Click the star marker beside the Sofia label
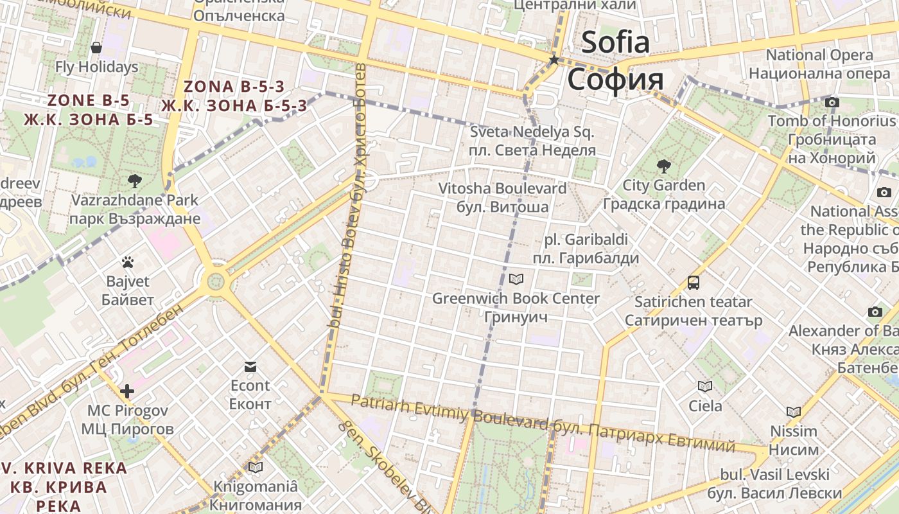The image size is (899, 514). [x=554, y=60]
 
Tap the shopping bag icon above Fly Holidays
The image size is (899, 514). [x=96, y=48]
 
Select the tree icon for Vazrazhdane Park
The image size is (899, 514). [x=135, y=181]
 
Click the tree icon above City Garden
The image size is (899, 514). [x=663, y=166]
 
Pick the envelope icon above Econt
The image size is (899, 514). [x=250, y=367]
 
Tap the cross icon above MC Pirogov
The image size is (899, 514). [x=127, y=391]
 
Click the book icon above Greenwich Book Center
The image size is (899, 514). [x=516, y=279]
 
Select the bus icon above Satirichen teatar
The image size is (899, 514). [x=694, y=282]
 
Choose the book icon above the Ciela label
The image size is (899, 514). [x=705, y=386]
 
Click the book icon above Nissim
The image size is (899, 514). [x=794, y=412]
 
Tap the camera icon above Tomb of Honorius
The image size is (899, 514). [x=832, y=102]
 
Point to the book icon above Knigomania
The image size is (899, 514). [x=256, y=467]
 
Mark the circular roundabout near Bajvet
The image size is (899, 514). [x=216, y=281]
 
